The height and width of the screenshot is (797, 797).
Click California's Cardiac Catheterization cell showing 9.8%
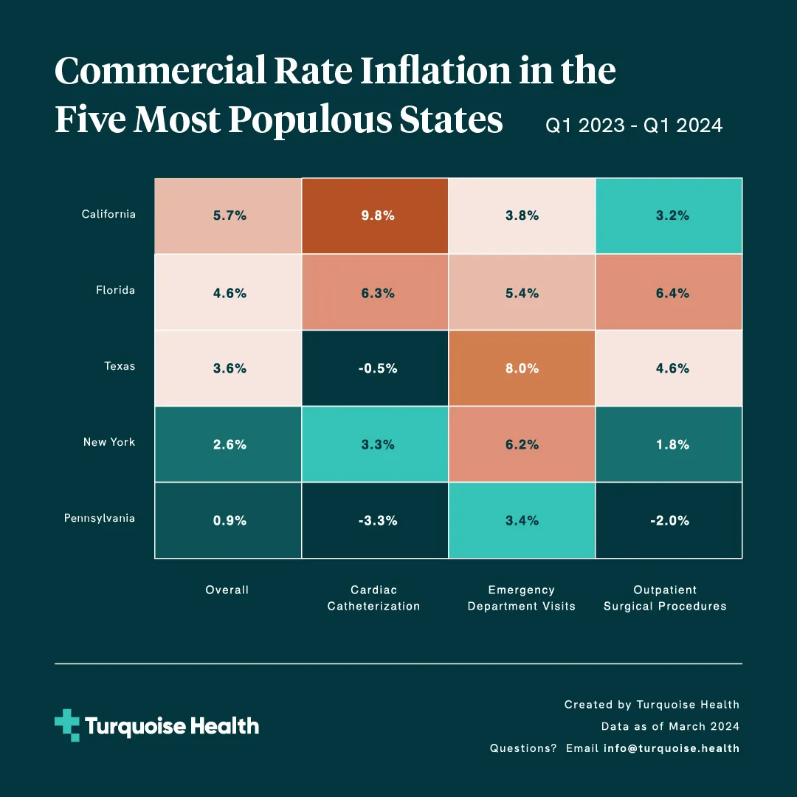tap(375, 216)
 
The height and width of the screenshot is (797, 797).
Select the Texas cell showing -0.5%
tap(375, 368)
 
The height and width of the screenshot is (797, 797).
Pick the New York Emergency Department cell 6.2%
tap(521, 444)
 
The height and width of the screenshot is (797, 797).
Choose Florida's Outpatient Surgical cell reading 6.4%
tap(669, 293)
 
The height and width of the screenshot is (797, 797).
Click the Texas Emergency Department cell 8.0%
tap(521, 368)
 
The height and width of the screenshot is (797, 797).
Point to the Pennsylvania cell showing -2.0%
tap(669, 520)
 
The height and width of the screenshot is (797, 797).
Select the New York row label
tap(108, 442)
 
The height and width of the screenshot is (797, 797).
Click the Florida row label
tap(115, 290)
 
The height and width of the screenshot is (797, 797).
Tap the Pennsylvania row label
tap(100, 518)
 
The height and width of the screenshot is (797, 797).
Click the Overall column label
tap(227, 590)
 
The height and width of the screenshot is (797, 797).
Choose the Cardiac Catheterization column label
tap(373, 598)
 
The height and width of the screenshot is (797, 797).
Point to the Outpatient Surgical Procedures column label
tap(665, 598)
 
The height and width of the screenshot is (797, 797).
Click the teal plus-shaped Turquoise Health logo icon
tap(67, 725)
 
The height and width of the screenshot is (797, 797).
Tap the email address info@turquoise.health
tap(671, 748)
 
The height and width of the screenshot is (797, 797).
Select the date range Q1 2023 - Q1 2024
tap(634, 126)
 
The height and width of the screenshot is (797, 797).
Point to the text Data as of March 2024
tap(670, 726)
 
